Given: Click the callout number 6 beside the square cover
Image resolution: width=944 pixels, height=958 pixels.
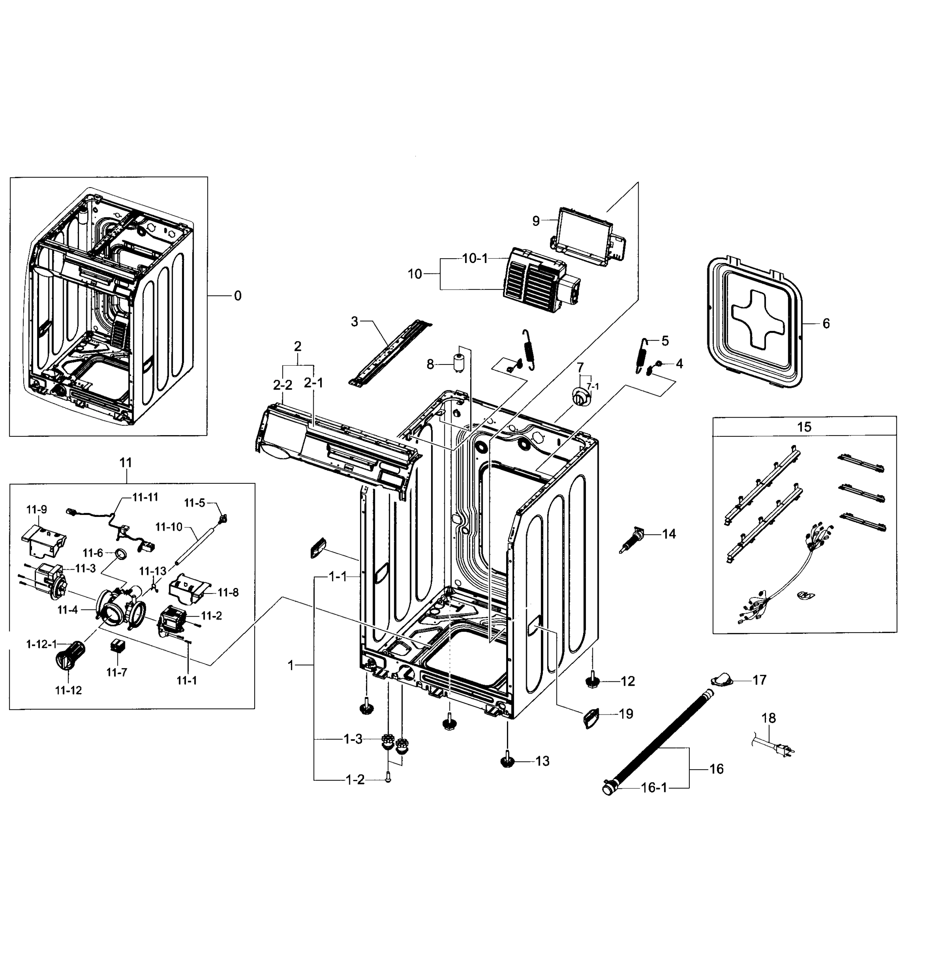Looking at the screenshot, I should [825, 323].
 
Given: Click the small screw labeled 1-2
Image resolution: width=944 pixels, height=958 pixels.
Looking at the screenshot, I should [388, 780].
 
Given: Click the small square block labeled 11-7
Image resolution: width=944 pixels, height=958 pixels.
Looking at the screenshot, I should [117, 646].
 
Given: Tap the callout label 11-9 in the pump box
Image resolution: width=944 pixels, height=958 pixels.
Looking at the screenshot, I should [37, 509].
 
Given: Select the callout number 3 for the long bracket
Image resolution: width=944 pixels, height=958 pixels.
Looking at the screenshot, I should [354, 321].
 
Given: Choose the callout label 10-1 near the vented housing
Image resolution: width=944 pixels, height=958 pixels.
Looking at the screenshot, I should [475, 258].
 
